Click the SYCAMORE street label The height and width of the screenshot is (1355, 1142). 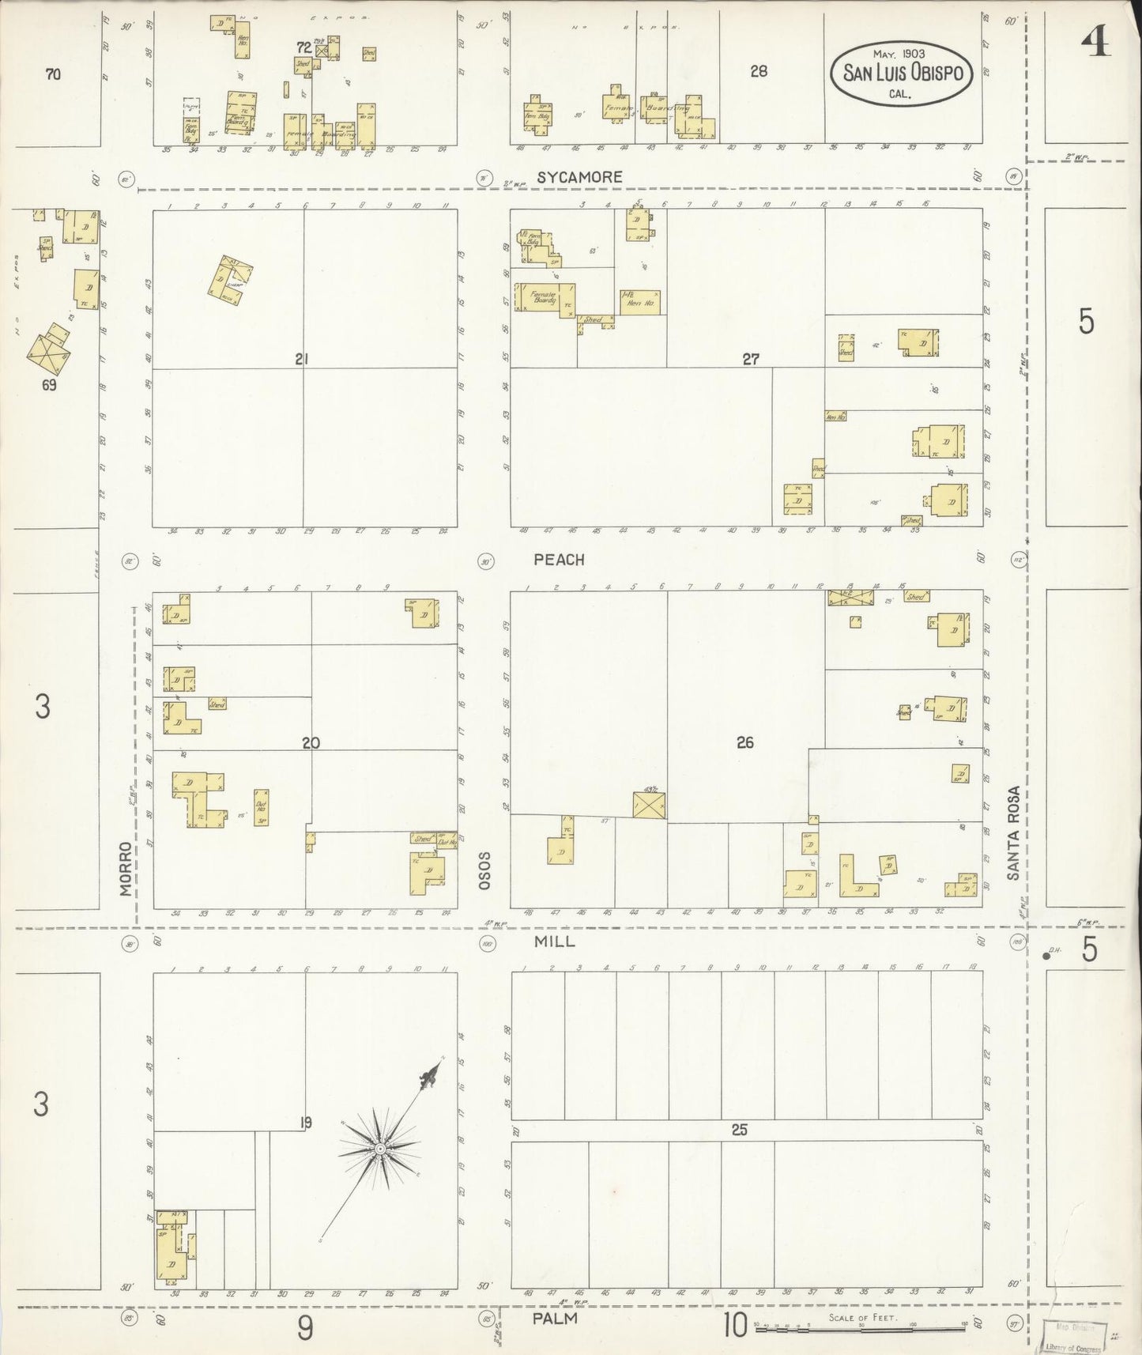tap(579, 177)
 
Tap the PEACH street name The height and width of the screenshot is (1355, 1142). tap(559, 560)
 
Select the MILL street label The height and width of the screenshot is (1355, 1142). tap(555, 942)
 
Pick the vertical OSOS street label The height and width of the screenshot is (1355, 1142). tap(484, 870)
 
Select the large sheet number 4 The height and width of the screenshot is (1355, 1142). tap(1096, 43)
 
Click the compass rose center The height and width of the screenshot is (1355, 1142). tap(380, 1147)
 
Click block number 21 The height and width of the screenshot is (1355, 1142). tap(301, 360)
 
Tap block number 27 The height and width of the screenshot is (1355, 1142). tap(750, 360)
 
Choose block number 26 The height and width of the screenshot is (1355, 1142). tap(744, 742)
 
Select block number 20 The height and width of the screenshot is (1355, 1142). tap(311, 742)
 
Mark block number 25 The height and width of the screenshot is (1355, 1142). tap(739, 1130)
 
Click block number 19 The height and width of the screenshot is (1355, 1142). tap(307, 1121)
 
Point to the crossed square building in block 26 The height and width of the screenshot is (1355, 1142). tap(650, 806)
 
